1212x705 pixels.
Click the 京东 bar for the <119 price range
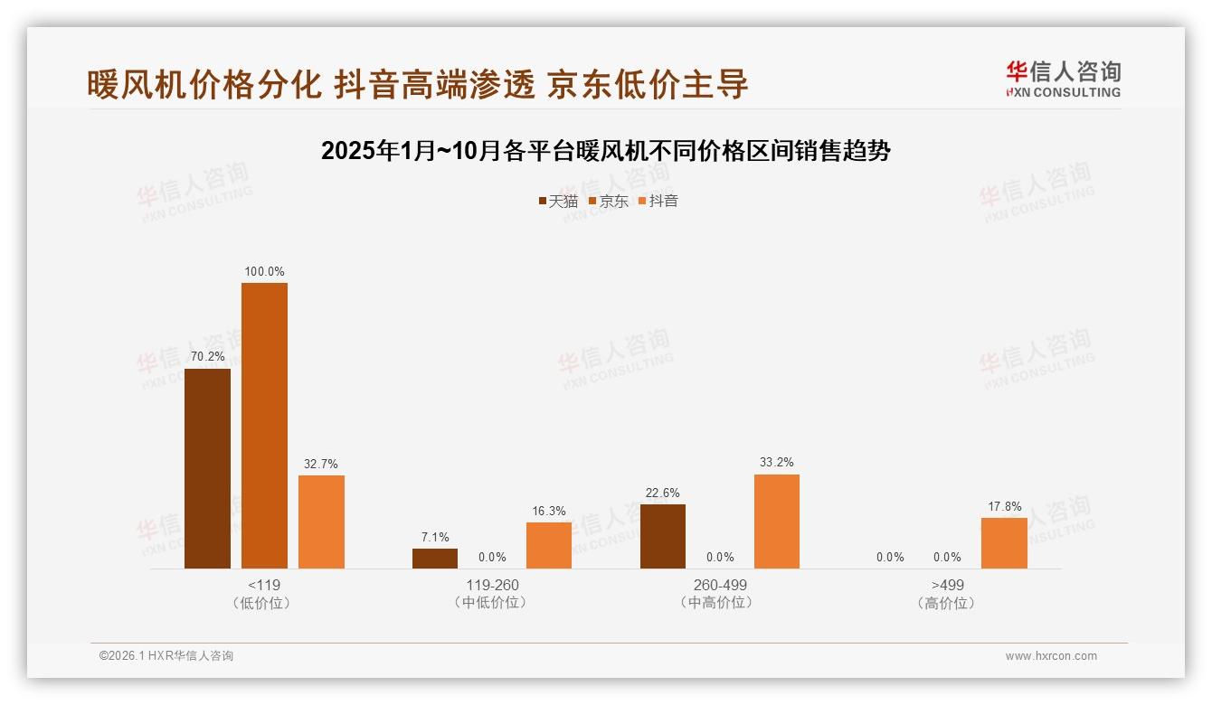tap(264, 425)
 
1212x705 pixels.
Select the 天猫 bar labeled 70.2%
tap(207, 468)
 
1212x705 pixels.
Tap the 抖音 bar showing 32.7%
tap(321, 522)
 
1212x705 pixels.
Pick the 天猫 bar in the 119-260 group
tap(435, 559)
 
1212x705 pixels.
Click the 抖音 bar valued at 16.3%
tap(549, 545)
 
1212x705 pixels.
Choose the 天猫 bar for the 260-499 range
tap(663, 536)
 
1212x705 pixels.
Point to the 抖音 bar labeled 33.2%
tap(777, 522)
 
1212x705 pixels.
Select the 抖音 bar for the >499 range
tap(1004, 543)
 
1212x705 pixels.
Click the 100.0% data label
tap(264, 271)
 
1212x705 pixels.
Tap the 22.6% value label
tap(663, 493)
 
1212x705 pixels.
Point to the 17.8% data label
tap(1004, 506)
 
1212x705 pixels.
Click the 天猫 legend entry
tap(558, 202)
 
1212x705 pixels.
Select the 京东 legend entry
tap(609, 202)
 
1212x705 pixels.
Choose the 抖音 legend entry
tap(658, 202)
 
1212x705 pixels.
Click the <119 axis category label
tap(264, 585)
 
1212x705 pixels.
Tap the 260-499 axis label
tap(720, 585)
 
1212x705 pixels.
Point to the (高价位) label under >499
tap(947, 603)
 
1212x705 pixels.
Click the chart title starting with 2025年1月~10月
tap(606, 151)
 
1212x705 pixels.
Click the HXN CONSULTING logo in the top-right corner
tap(1063, 80)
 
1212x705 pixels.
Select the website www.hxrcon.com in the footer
tap(1051, 656)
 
